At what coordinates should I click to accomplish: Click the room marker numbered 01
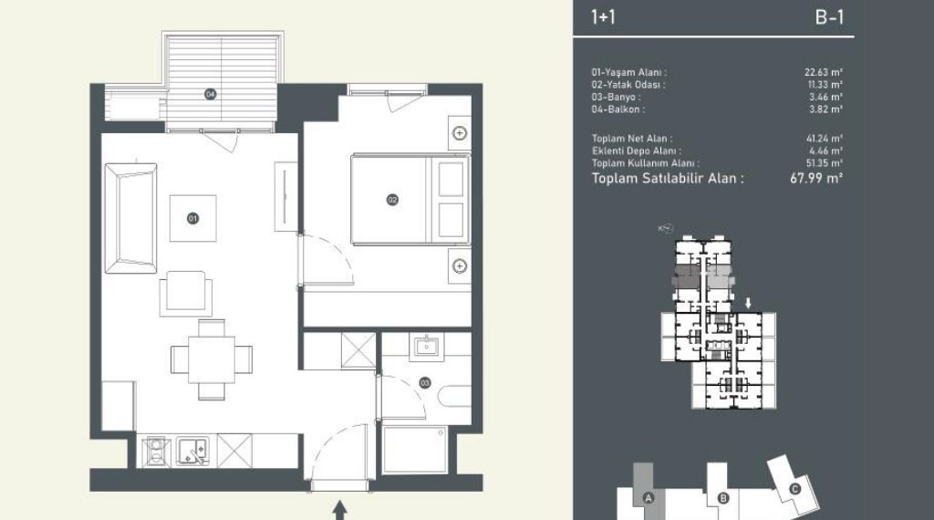[x=192, y=219]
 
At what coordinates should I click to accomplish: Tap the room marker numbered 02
[x=392, y=200]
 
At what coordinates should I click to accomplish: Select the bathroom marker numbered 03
[x=425, y=383]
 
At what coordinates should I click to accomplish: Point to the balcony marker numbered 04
[x=211, y=94]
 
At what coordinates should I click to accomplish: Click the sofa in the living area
[x=131, y=219]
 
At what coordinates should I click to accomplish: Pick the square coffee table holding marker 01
[x=193, y=219]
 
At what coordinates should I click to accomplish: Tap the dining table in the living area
[x=212, y=359]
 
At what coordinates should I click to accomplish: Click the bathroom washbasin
[x=427, y=346]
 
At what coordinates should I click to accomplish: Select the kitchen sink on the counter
[x=192, y=450]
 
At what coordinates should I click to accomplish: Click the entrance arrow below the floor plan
[x=339, y=510]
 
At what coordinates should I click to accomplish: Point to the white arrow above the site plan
[x=748, y=303]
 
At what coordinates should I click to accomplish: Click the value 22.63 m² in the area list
[x=824, y=72]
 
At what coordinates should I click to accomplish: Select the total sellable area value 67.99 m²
[x=816, y=178]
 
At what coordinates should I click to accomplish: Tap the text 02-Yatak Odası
[x=628, y=85]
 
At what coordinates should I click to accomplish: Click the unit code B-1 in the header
[x=829, y=17]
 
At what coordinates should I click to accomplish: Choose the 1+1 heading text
[x=603, y=17]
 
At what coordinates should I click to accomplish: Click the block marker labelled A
[x=649, y=498]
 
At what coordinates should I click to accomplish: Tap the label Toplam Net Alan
[x=631, y=138]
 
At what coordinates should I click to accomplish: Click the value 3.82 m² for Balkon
[x=825, y=109]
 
